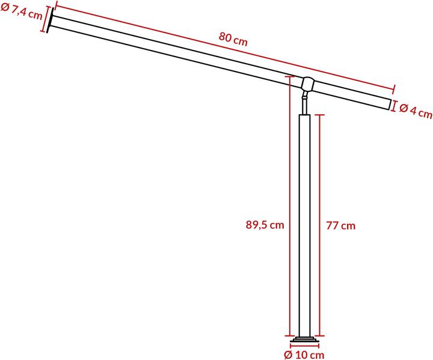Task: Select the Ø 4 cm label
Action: click(x=416, y=111)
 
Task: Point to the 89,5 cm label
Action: click(x=265, y=225)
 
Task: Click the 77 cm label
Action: click(x=340, y=225)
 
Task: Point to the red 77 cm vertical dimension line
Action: click(x=321, y=225)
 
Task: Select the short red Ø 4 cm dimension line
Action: click(x=394, y=106)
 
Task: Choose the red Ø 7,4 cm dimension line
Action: click(x=44, y=19)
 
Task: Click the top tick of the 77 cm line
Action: click(x=321, y=114)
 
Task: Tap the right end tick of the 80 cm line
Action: click(x=393, y=88)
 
